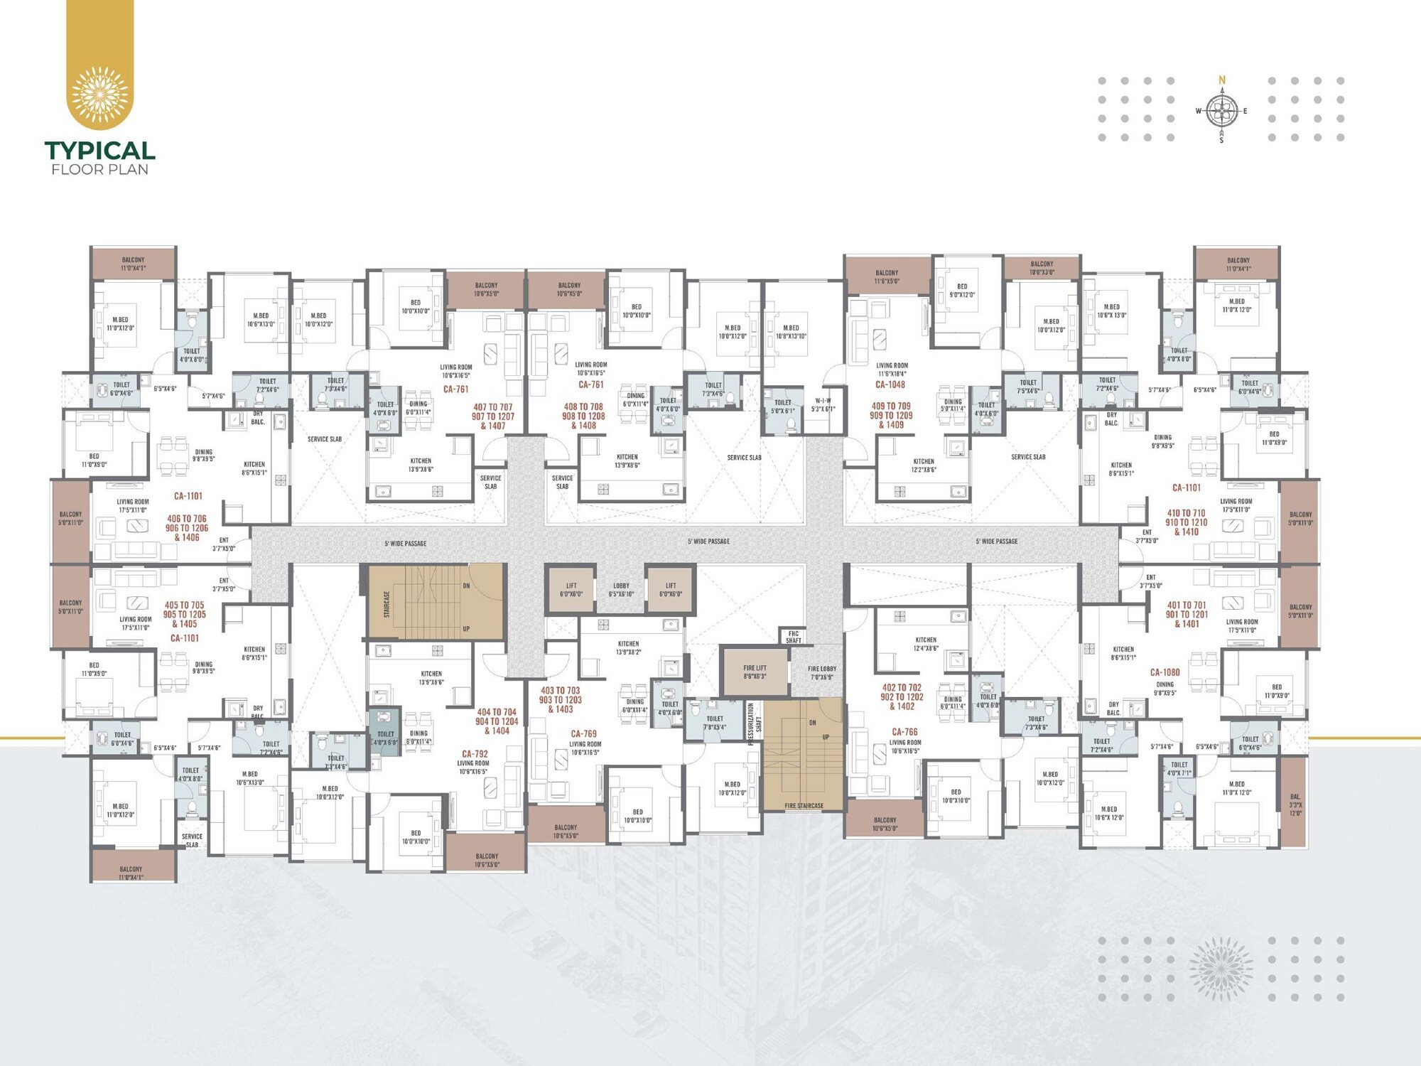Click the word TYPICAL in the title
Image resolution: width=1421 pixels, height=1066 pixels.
pyautogui.click(x=99, y=151)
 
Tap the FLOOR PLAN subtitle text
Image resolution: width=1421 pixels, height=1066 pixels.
pyautogui.click(x=99, y=170)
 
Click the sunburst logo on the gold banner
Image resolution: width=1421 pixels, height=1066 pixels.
pyautogui.click(x=100, y=95)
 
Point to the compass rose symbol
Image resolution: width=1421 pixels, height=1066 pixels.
pyautogui.click(x=1221, y=111)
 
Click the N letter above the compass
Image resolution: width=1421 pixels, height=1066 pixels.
pyautogui.click(x=1222, y=80)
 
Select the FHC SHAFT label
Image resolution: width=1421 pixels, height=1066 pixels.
pyautogui.click(x=793, y=637)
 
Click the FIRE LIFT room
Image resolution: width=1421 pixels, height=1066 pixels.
pyautogui.click(x=755, y=672)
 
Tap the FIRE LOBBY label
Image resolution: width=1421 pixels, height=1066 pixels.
pyautogui.click(x=822, y=672)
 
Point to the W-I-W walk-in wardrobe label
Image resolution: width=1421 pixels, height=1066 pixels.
pyautogui.click(x=823, y=404)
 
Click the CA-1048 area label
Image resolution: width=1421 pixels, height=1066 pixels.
pyautogui.click(x=890, y=384)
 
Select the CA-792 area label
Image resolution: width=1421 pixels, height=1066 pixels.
pyautogui.click(x=475, y=753)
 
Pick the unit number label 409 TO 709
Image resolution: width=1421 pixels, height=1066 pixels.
pyautogui.click(x=890, y=407)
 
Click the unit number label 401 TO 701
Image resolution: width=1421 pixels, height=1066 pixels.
pyautogui.click(x=1186, y=605)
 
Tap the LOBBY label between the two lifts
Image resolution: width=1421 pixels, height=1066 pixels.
pyautogui.click(x=621, y=590)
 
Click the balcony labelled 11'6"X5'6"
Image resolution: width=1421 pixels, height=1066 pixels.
pyautogui.click(x=887, y=276)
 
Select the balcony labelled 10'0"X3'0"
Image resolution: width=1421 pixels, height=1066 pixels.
pyautogui.click(x=1042, y=268)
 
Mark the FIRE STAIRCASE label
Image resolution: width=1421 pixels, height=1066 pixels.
pyautogui.click(x=804, y=806)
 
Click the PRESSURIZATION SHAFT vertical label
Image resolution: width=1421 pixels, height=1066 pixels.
pyautogui.click(x=755, y=724)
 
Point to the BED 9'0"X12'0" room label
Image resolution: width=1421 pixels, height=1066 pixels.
pyautogui.click(x=962, y=291)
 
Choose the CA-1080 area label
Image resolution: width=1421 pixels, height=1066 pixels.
pyautogui.click(x=1165, y=672)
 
